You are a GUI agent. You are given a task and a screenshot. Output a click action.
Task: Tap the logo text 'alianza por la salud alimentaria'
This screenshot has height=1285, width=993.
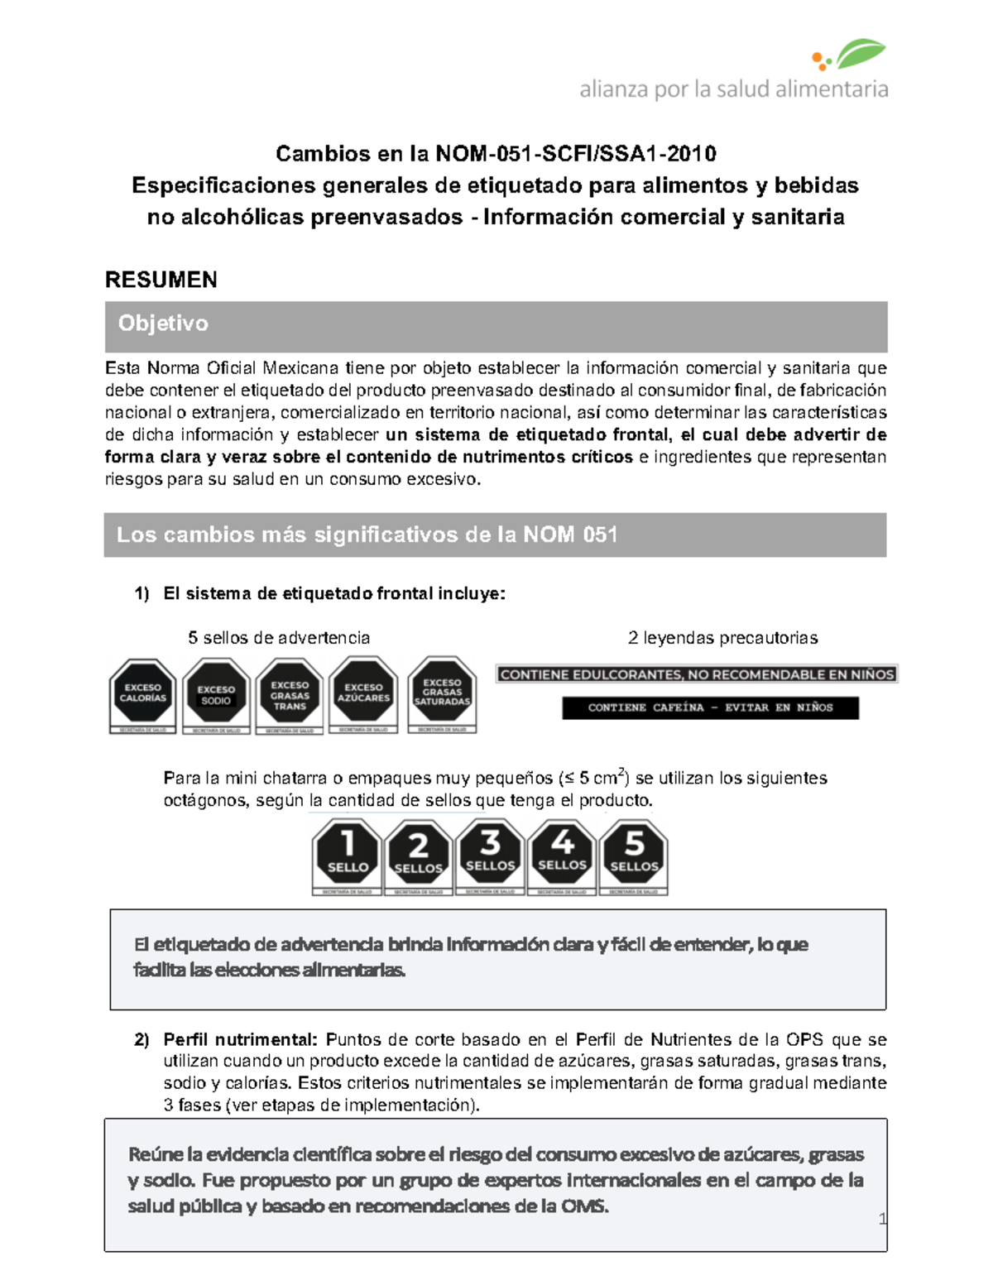pos(733,89)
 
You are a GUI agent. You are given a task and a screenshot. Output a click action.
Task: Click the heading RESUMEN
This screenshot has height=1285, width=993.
pos(161,280)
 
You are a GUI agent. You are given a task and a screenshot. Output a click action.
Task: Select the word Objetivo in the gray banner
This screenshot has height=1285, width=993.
pos(163,323)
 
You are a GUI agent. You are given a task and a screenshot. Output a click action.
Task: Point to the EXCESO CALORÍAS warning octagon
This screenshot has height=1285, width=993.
pos(143,693)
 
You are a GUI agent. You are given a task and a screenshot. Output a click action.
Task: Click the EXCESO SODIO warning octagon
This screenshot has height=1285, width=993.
pos(216,693)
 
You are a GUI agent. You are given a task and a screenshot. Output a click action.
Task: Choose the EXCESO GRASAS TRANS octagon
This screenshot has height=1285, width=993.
pos(290,693)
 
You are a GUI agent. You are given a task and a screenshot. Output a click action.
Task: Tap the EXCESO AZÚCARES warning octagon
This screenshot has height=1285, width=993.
pos(363,693)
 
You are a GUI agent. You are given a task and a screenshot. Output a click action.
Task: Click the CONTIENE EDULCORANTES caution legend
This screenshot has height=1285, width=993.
pos(697,674)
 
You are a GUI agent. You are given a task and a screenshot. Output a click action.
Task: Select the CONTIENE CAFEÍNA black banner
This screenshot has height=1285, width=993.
pos(710,707)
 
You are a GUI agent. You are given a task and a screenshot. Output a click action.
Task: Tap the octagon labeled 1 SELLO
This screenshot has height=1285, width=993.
pos(348,854)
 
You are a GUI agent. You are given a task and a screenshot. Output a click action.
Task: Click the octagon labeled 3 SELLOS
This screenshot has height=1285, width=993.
pos(491,854)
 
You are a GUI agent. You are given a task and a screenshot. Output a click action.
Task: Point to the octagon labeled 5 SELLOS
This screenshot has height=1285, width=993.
pos(634,854)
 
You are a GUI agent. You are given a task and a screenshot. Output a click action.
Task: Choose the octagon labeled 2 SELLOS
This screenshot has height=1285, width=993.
pos(419,854)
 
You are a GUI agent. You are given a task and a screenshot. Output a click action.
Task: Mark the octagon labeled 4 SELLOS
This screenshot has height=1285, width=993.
pos(563,854)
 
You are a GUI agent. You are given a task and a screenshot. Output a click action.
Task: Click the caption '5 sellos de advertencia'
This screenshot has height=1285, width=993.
pos(279,637)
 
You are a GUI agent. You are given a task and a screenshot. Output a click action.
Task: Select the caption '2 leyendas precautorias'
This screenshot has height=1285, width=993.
pos(722,637)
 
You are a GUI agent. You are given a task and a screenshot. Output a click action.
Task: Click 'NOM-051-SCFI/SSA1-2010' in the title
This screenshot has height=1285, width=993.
pos(576,154)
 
